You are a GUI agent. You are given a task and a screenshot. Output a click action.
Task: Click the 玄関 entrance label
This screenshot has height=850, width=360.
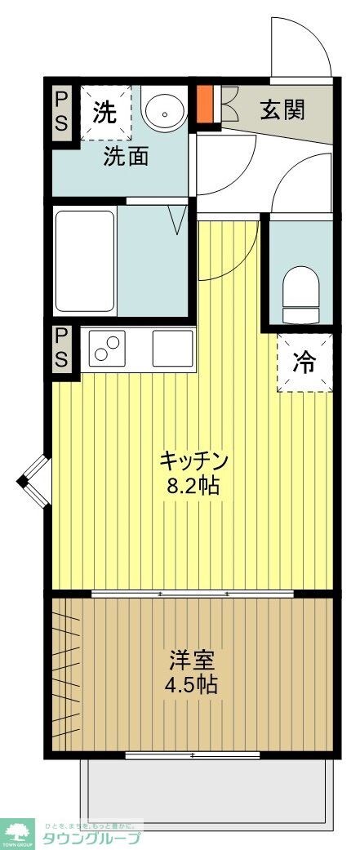(282, 110)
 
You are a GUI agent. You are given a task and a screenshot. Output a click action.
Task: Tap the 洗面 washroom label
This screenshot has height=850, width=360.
(125, 156)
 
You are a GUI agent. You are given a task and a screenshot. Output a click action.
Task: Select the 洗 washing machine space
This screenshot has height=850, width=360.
(105, 113)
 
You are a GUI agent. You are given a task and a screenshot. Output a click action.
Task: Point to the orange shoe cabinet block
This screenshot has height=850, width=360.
(204, 101)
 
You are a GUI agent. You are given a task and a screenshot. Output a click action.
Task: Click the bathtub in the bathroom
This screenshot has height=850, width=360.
(85, 261)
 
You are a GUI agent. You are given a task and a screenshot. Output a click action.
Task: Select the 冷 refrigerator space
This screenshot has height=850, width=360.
(304, 362)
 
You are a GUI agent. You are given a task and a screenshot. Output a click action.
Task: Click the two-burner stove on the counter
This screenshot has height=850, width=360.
(109, 348)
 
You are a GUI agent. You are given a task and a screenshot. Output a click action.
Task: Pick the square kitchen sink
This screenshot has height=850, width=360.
(173, 348)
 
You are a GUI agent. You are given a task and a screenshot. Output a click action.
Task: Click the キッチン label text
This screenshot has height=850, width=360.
(193, 460)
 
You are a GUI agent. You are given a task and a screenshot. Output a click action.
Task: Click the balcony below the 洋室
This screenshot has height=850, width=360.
(207, 792)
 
